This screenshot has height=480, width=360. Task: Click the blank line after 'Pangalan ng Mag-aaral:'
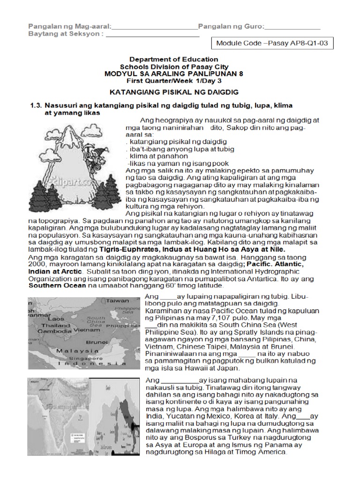click(x=155, y=27)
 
